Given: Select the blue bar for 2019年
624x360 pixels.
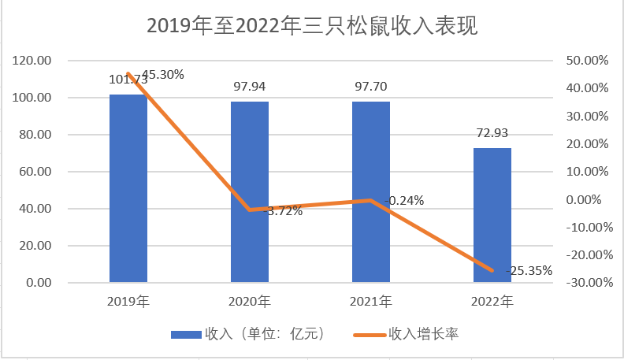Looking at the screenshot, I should pos(128,189).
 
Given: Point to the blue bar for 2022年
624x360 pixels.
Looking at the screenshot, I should pos(492,214).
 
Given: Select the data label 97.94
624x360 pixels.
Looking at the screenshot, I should pos(250,86).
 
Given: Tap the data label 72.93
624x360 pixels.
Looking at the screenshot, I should pos(492,132).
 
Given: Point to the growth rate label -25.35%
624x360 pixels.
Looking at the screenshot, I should pos(528,270).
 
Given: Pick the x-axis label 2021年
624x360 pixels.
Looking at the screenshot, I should pos(371,301).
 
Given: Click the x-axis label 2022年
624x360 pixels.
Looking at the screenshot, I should pos(492,301).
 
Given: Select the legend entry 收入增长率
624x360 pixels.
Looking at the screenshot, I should pos(423,334).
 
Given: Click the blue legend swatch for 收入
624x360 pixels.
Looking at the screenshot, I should pos(186,335).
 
